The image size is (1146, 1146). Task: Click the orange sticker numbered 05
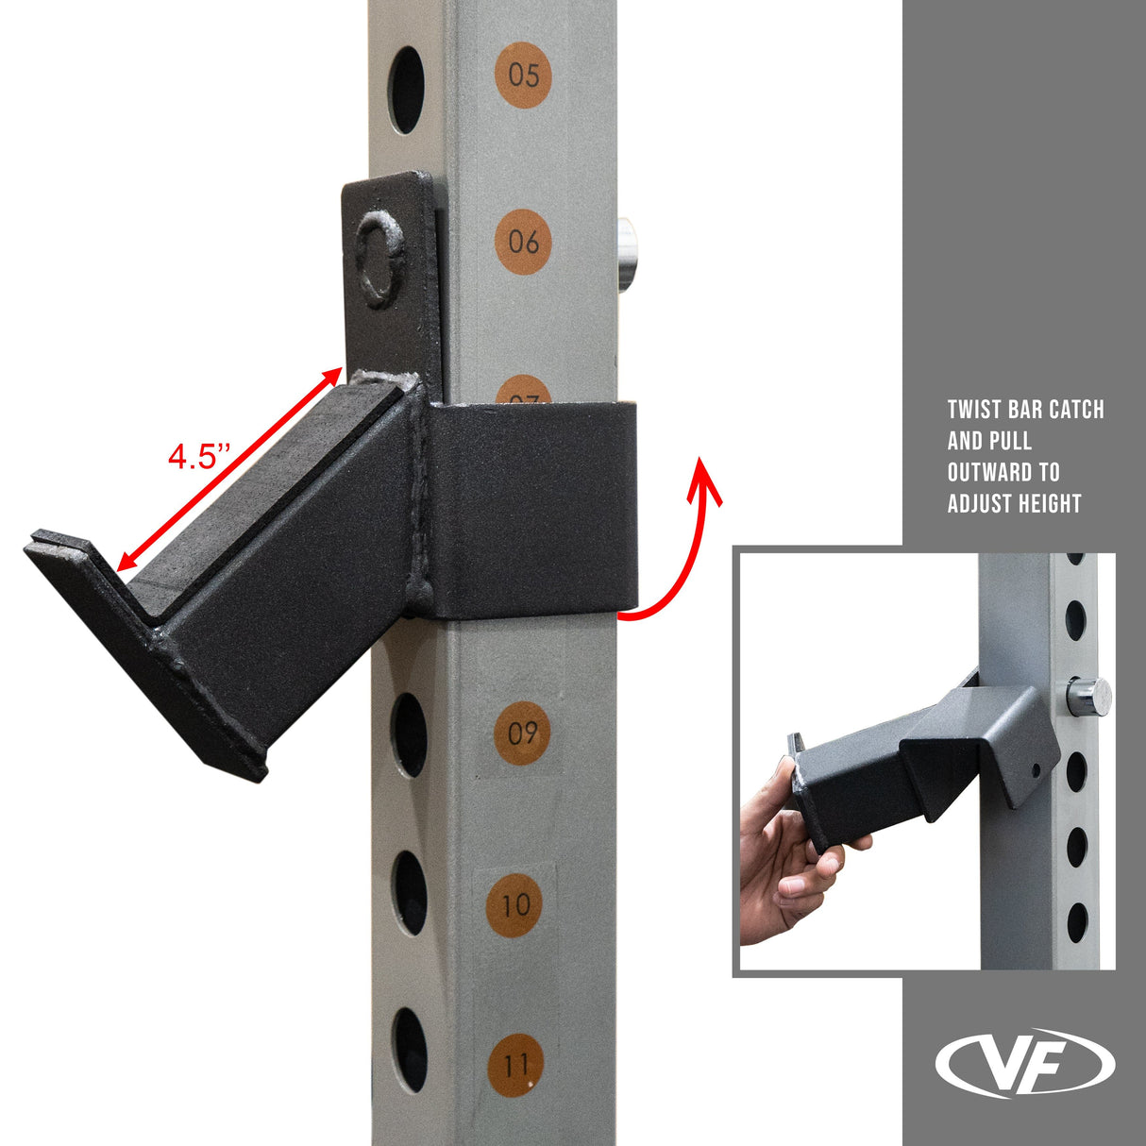[x=523, y=73]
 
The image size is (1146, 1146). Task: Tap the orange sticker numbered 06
[x=522, y=242]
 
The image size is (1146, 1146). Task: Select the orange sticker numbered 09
[x=522, y=733]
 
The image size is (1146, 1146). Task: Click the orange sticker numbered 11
[x=515, y=1066]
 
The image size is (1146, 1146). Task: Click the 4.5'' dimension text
[x=199, y=457]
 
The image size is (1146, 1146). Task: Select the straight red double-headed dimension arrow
[x=228, y=469]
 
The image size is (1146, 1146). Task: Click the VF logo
[x=1024, y=1063]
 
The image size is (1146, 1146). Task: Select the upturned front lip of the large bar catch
[x=142, y=651]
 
